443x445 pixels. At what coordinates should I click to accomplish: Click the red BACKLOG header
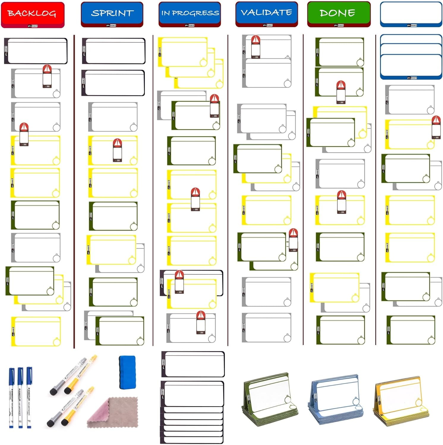(33, 14)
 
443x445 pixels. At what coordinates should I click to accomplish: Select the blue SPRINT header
(112, 14)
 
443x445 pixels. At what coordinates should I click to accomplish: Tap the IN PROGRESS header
(190, 14)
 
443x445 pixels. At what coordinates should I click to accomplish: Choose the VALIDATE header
(267, 13)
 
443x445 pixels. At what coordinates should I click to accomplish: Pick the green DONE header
(339, 14)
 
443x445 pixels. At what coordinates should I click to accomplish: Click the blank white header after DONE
(411, 14)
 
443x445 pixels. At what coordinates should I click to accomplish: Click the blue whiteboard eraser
(127, 372)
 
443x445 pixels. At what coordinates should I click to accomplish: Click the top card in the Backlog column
(36, 51)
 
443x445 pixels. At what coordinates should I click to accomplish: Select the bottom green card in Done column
(340, 330)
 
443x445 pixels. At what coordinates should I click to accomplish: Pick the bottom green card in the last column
(411, 330)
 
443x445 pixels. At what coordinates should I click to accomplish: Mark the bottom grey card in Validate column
(267, 328)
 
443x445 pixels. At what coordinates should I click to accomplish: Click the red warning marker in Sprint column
(118, 150)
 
